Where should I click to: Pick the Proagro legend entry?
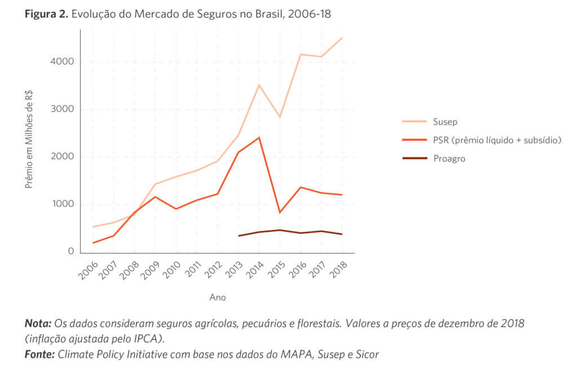450,158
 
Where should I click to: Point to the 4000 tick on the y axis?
64,61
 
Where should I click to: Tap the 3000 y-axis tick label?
64,109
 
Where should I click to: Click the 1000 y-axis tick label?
64,204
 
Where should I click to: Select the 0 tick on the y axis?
71,251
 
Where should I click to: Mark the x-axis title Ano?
218,297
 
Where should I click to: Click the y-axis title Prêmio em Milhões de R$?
29,141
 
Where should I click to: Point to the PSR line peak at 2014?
259,137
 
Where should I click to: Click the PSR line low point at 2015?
279,212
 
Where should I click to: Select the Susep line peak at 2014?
259,85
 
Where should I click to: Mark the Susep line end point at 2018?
342,38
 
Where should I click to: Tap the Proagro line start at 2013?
238,235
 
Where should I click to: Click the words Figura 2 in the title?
46,14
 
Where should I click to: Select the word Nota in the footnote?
38,324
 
